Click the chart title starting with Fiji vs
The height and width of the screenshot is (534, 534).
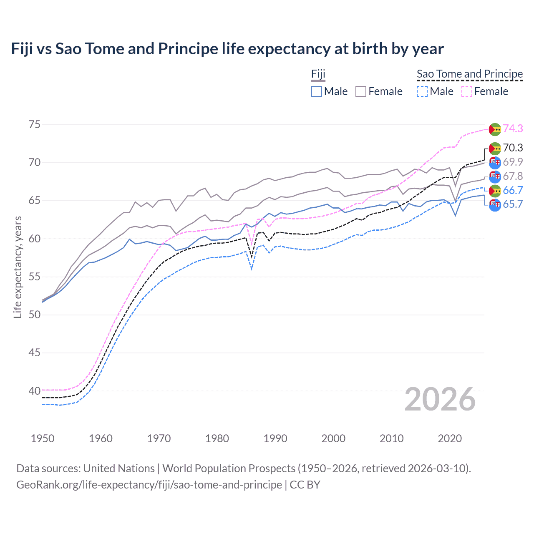(227, 49)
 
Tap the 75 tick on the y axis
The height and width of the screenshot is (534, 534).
(35, 125)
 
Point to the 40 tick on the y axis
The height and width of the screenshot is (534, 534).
(35, 391)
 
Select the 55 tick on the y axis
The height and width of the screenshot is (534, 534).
(35, 277)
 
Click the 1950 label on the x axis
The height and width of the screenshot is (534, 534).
(43, 438)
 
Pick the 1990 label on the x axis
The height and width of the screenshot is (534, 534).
(275, 438)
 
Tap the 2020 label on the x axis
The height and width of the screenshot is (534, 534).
(450, 438)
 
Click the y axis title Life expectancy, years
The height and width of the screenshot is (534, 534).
(18, 267)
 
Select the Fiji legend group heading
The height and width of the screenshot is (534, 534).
(318, 74)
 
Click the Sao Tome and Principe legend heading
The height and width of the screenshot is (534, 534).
(470, 74)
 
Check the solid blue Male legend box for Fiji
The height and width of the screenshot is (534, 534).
(317, 91)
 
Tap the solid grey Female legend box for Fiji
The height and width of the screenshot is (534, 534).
(361, 91)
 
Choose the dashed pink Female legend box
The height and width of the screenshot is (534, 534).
(467, 91)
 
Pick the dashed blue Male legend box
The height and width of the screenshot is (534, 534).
(422, 91)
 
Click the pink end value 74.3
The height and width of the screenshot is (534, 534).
(513, 128)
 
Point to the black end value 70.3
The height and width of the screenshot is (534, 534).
(513, 148)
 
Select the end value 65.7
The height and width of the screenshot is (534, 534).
(513, 204)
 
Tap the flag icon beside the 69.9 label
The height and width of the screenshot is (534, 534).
(495, 163)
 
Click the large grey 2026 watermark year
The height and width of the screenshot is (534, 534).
(440, 399)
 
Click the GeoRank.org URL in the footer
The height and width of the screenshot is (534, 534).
(149, 485)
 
